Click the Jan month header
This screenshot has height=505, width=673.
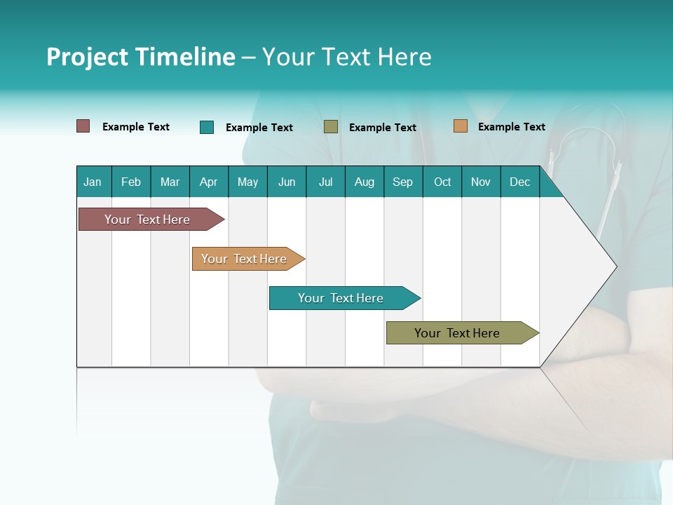tap(93, 182)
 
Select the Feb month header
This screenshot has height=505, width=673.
tap(131, 182)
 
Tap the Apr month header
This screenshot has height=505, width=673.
tap(208, 182)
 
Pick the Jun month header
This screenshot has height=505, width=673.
tap(287, 182)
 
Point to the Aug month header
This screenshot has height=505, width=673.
tap(365, 182)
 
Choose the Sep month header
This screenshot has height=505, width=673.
tap(402, 182)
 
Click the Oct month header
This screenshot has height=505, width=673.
tap(442, 182)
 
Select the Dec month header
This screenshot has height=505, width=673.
tap(520, 182)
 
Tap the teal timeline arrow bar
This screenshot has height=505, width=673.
tap(341, 298)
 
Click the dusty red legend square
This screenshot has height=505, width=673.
tap(83, 126)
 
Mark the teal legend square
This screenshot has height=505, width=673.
tap(207, 127)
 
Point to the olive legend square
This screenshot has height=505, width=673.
tap(331, 127)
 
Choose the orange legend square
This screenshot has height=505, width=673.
tap(461, 126)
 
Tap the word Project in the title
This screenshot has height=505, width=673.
tap(87, 57)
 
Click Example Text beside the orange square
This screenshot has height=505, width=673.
tap(511, 126)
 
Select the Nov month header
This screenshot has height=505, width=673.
tap(481, 182)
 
